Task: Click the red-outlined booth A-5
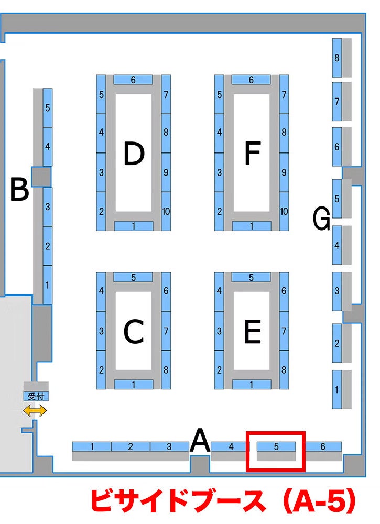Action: click(276, 451)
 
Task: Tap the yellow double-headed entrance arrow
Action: click(35, 411)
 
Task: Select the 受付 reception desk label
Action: click(36, 396)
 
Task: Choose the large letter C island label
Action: click(134, 331)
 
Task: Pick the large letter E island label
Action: click(252, 331)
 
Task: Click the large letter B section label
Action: click(19, 190)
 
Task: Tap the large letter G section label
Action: click(321, 219)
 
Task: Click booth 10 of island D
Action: click(166, 211)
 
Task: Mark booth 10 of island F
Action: click(284, 211)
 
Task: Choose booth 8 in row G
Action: click(337, 58)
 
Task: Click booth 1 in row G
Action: click(336, 389)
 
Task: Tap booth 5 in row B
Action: click(48, 108)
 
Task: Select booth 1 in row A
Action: click(92, 446)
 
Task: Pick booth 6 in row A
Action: click(323, 446)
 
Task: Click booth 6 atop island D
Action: click(133, 80)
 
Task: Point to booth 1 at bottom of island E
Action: click(252, 385)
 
